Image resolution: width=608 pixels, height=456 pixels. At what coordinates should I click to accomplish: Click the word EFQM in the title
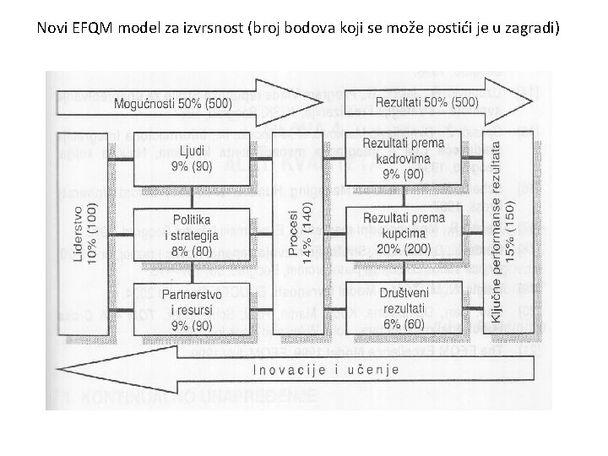tap(89, 28)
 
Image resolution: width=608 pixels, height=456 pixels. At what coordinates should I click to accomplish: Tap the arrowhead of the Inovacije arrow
tap(72, 370)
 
